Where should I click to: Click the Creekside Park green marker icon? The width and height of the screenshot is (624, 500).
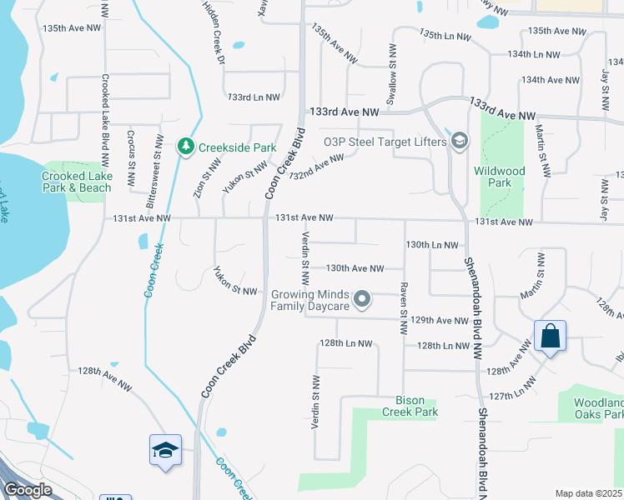point(185,147)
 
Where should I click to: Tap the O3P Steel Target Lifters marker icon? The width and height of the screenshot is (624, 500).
point(459,142)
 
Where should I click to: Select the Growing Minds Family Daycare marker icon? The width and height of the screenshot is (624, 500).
point(361,298)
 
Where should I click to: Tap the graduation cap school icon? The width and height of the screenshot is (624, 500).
point(165,450)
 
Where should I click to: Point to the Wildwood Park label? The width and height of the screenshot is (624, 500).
point(499,177)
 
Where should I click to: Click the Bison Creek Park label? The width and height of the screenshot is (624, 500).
point(410,406)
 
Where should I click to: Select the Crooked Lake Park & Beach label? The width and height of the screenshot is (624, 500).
point(76,182)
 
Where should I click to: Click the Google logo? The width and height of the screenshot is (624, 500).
point(28,489)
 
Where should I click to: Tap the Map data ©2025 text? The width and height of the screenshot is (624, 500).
point(588,493)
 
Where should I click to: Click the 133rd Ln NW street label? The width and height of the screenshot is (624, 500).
point(254,97)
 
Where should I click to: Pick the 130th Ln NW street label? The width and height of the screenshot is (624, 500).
point(432,245)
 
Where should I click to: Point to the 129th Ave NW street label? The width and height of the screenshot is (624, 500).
point(440,320)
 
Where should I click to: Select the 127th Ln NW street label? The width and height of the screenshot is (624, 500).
point(513,395)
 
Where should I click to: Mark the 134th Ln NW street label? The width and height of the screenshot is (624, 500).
point(534,54)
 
